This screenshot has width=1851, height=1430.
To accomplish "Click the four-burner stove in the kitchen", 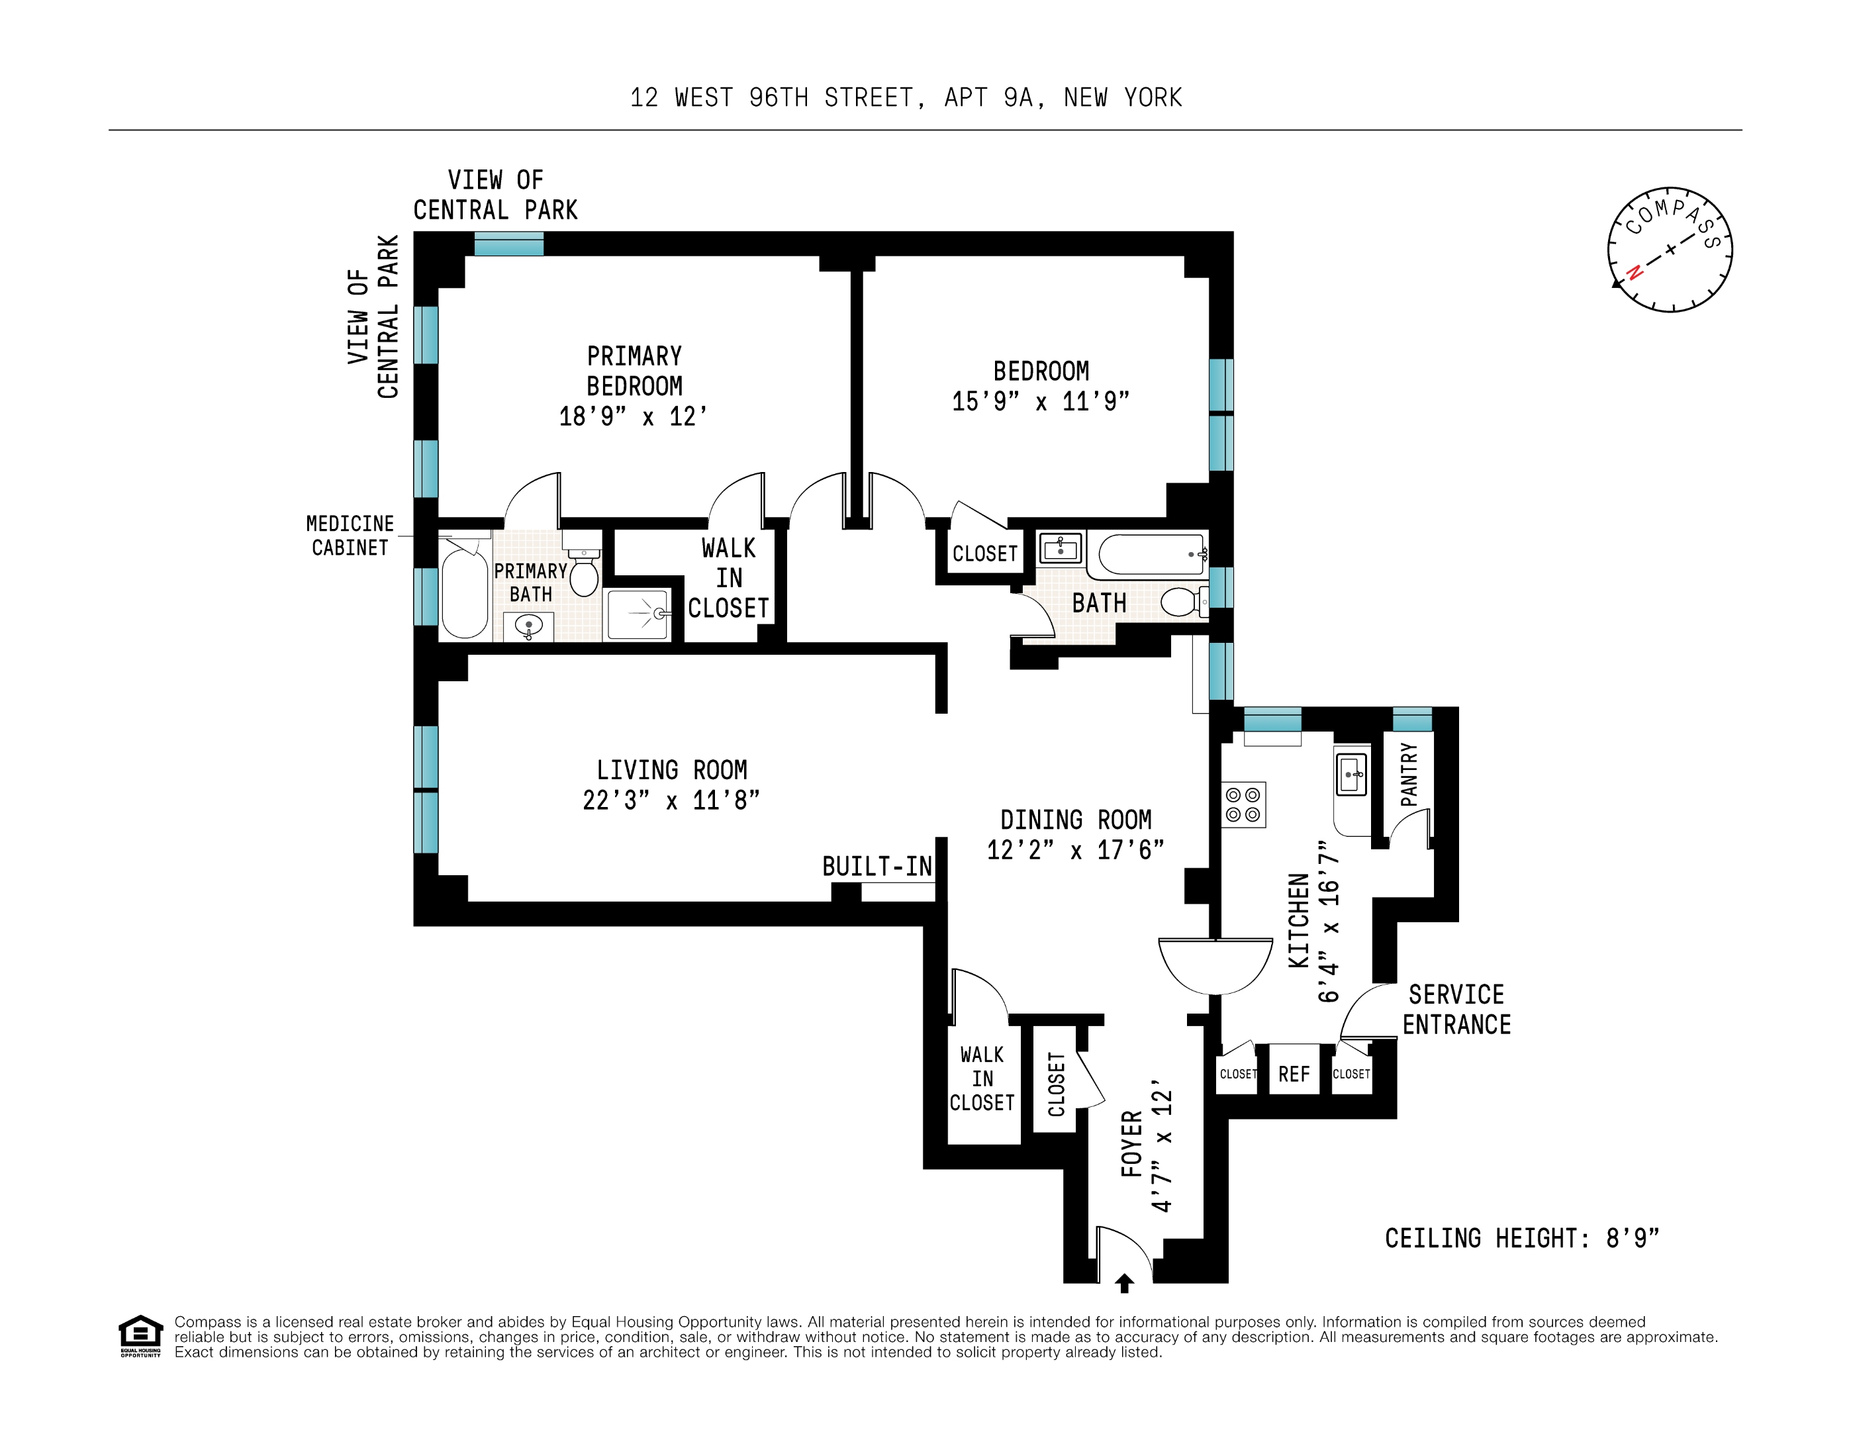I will point(1243,804).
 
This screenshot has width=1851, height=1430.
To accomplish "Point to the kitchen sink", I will point(1351,774).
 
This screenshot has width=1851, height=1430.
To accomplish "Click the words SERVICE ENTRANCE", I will point(1456,1010).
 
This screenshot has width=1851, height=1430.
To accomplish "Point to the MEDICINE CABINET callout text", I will point(350,536).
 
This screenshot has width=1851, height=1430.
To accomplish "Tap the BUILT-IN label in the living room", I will point(877,867).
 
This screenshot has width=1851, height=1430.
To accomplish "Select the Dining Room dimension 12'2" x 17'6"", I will point(1074,850).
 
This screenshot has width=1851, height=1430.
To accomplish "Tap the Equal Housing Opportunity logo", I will point(140,1336).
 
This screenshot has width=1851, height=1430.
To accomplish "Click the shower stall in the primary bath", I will point(638,614).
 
